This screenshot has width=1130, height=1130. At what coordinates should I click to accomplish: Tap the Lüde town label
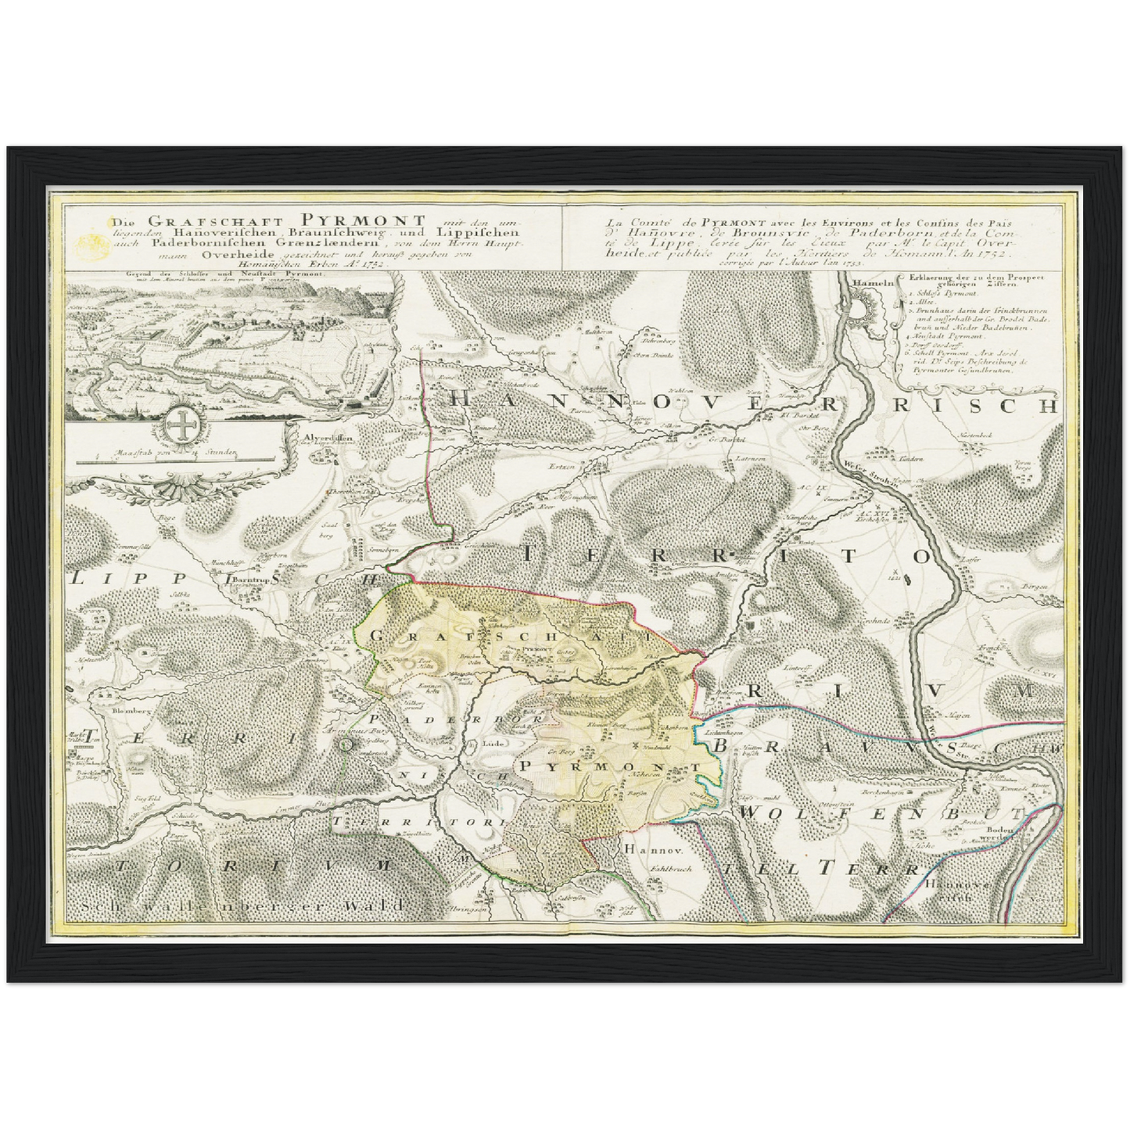coord(491,741)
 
